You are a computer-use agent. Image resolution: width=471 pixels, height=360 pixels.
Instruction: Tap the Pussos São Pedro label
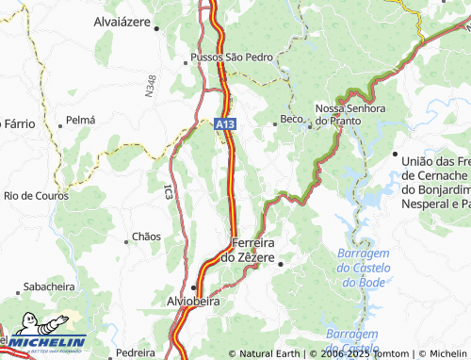pos(232,57)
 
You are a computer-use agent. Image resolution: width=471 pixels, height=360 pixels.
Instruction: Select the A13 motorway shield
pos(223,123)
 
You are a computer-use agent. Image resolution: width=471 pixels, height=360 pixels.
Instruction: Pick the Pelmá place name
pos(81,121)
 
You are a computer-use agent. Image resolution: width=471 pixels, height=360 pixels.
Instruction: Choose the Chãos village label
pos(147,236)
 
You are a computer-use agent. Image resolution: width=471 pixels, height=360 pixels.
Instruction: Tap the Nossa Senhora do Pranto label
pos(351,114)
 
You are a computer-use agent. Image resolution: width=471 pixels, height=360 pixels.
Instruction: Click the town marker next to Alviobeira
pos(194,286)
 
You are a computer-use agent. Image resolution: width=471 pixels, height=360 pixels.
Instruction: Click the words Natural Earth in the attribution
pos(271,353)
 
